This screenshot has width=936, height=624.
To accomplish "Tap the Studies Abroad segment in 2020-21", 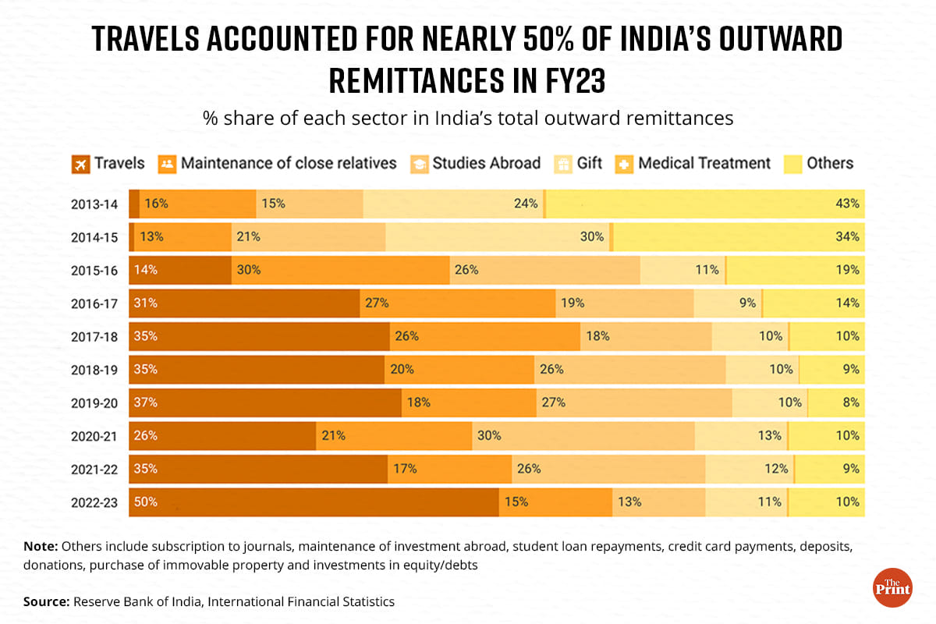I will (583, 435).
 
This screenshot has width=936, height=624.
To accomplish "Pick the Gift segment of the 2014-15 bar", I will (498, 237).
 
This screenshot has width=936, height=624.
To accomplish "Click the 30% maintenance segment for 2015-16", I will (340, 270).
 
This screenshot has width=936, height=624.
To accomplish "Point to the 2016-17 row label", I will (94, 303).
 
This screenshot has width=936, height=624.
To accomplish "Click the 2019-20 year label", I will (94, 402).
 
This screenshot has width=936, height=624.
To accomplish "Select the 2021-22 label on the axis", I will (94, 469).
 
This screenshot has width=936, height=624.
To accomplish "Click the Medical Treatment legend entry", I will (694, 164).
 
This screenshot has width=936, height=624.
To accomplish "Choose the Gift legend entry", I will (576, 164).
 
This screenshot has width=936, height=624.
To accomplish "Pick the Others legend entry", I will (819, 164).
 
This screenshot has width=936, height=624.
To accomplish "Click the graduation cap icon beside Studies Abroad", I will (419, 164).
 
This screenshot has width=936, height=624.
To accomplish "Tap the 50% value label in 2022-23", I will (146, 502).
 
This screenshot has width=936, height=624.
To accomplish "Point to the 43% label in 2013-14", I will (848, 204).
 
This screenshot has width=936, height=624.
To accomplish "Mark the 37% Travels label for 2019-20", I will (146, 402).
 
